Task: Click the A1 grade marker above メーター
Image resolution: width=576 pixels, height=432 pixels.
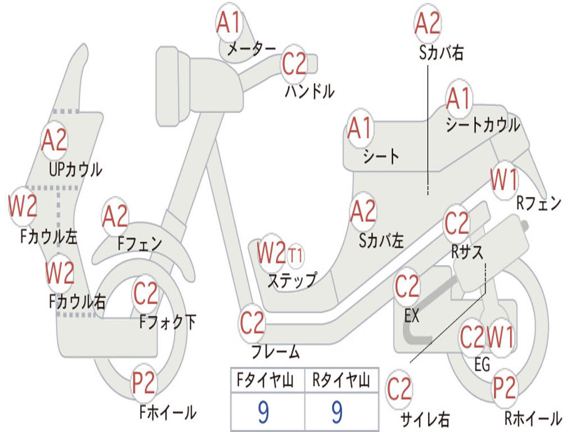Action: point(229,23)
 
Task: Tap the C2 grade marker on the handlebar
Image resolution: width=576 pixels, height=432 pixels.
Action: point(294,64)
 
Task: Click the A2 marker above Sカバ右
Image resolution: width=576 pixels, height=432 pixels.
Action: point(427,23)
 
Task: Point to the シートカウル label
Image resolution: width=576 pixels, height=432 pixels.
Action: point(483,125)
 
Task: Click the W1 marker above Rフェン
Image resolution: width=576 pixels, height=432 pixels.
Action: point(504,181)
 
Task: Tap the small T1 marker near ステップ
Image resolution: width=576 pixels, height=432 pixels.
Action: point(295,256)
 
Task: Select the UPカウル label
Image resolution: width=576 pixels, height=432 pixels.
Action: point(75,169)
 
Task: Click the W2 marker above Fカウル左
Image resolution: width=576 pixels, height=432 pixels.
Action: point(23,205)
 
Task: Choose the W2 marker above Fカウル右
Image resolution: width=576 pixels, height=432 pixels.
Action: point(60,273)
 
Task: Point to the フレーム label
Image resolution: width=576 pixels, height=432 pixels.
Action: point(276,353)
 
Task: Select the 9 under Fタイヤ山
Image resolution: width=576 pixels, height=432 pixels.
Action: point(264,412)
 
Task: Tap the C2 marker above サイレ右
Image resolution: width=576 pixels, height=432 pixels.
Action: point(399,389)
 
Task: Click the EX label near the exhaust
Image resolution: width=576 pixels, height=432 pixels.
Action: point(412,316)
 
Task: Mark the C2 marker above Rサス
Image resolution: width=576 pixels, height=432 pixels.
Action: point(456,223)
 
